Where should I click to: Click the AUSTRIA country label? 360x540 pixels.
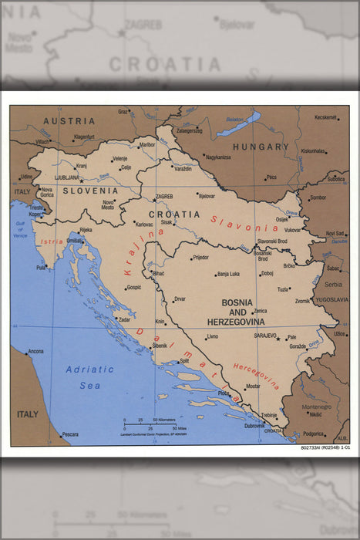coord(69,121)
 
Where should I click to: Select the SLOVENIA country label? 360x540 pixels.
coord(91,191)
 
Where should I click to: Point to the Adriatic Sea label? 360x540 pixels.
coord(89,376)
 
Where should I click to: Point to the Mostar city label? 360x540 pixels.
coord(253,386)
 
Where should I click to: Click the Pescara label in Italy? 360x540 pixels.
coord(70,434)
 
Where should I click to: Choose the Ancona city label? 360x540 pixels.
coord(35,352)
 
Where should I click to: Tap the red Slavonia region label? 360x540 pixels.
coord(245,223)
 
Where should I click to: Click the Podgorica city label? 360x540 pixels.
coord(314,434)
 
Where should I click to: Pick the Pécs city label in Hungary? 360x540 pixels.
coord(271,177)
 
